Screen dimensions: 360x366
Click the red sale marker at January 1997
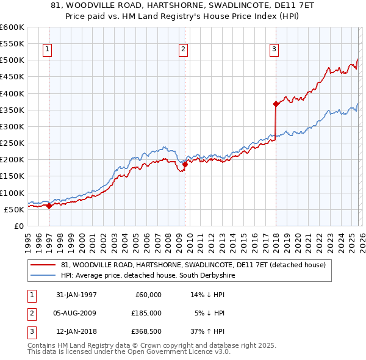point(49,206)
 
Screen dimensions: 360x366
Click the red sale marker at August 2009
point(185,164)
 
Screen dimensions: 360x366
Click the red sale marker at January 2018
point(276,104)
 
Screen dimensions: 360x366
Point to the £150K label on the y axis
point(12,176)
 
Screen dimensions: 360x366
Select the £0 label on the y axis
point(18,226)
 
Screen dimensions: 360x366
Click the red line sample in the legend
point(43,265)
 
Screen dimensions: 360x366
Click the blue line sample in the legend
point(43,276)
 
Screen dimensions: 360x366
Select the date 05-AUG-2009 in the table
point(76,313)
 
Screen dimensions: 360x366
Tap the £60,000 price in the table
point(148,295)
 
